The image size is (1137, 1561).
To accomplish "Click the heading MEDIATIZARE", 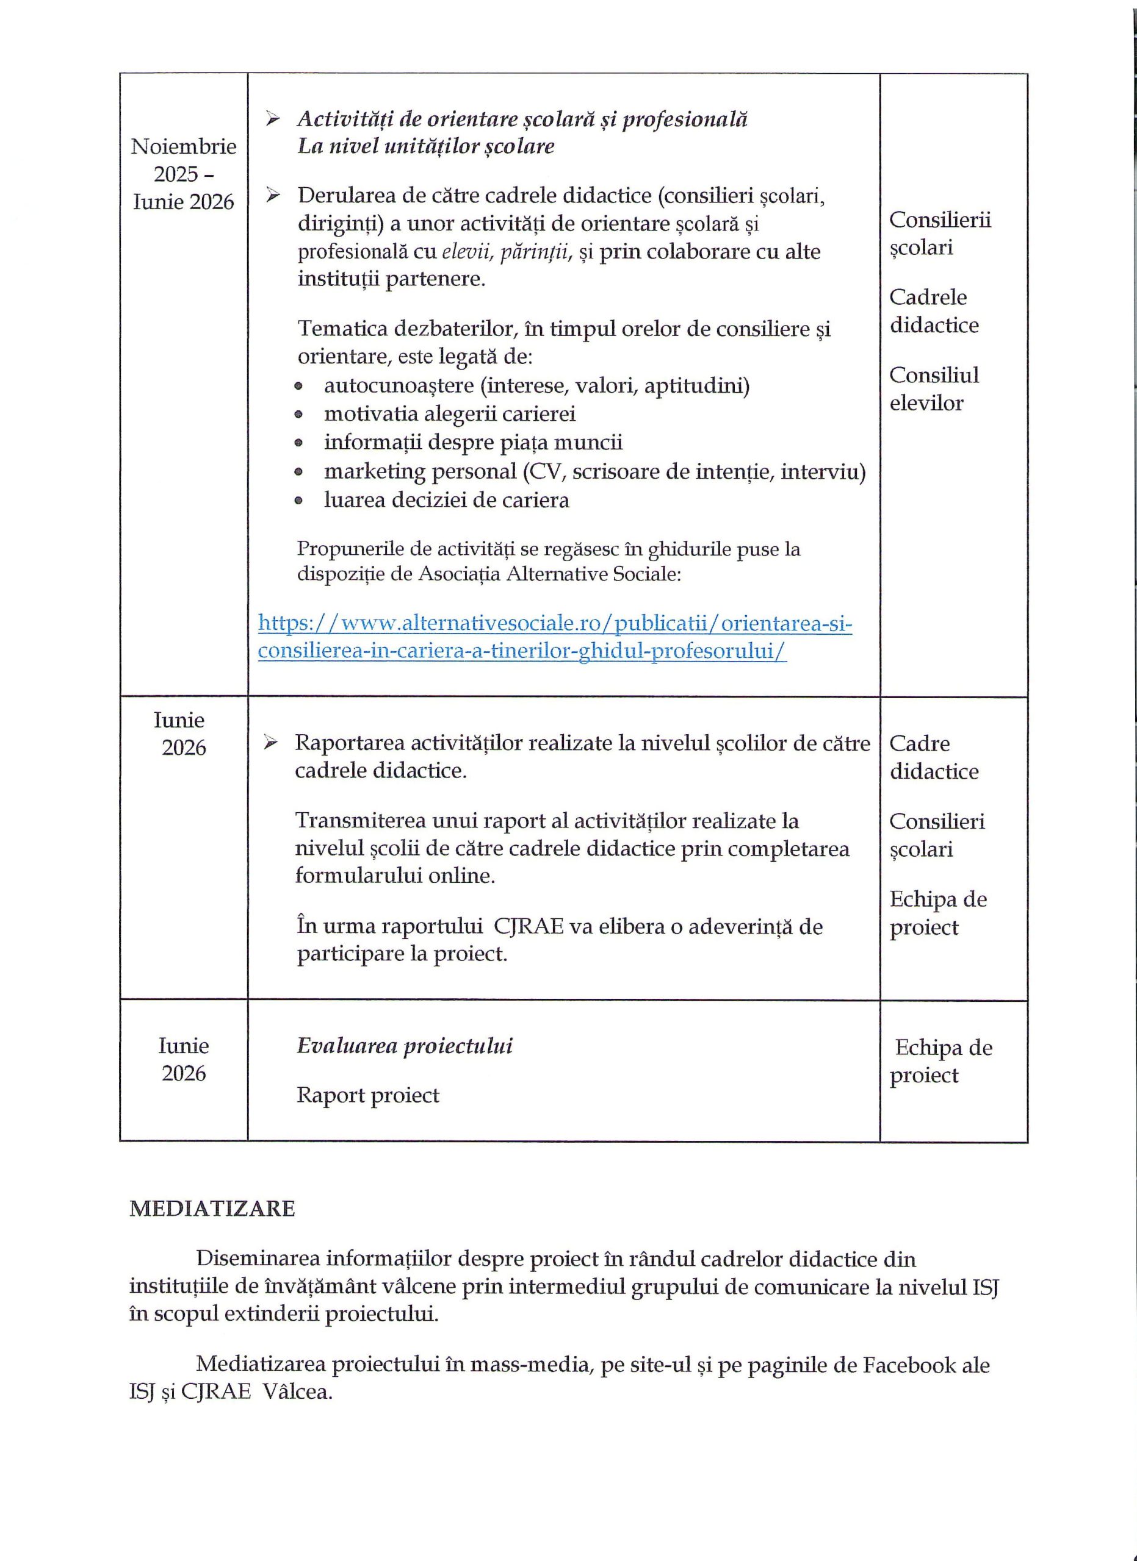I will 212,1209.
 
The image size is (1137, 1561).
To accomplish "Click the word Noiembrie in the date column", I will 184,146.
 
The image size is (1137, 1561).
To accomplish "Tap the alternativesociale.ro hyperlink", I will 555,637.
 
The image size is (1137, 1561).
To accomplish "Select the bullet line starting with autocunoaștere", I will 536,385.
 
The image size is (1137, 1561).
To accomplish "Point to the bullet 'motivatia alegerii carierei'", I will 450,413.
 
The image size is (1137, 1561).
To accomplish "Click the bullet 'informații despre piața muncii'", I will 473,443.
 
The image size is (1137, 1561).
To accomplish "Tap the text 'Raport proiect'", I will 368,1095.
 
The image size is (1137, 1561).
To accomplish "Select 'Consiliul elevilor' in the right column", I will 933,389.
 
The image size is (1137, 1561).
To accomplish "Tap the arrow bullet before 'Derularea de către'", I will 274,196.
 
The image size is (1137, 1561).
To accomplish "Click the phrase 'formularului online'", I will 395,876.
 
